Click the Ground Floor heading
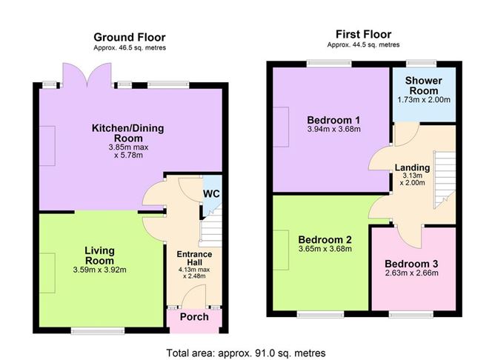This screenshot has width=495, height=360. pyautogui.click(x=130, y=37)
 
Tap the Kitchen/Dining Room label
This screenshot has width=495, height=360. pyautogui.click(x=127, y=133)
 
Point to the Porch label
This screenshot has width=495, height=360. pyautogui.click(x=195, y=317)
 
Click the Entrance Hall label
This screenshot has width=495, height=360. pyautogui.click(x=193, y=259)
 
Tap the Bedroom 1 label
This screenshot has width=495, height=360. pyautogui.click(x=333, y=120)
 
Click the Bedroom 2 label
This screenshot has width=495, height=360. pyautogui.click(x=324, y=239)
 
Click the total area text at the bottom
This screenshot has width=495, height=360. pyautogui.click(x=247, y=353)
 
